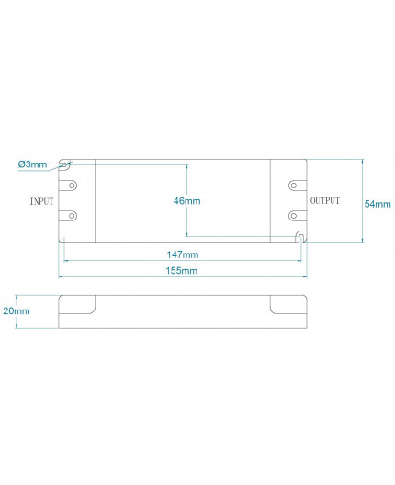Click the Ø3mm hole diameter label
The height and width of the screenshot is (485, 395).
31,164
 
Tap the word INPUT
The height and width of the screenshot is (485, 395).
42,200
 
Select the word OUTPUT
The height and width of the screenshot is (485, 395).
324,200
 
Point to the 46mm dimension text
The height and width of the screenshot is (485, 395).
186,200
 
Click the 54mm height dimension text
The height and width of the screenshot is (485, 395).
378,203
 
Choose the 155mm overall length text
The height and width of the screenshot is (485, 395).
183,271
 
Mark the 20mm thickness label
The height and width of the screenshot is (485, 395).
16,312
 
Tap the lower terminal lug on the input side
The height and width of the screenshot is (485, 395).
72,216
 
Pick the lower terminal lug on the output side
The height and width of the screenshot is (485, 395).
294,216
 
